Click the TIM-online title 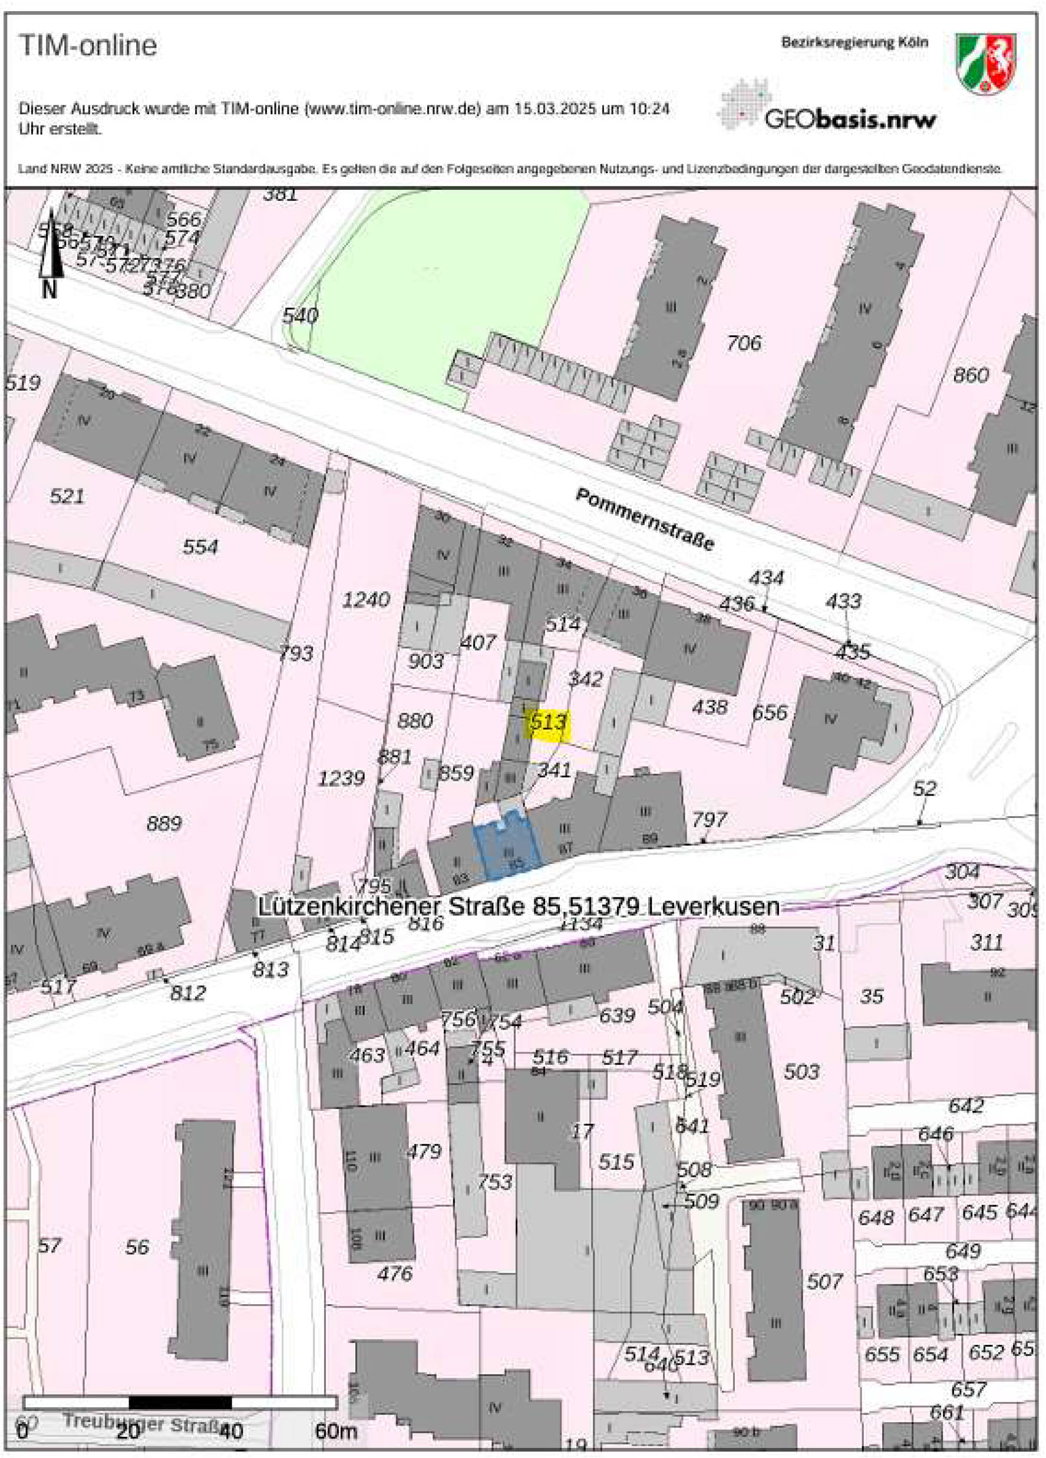point(88,45)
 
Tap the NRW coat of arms point(985,64)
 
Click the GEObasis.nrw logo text point(850,119)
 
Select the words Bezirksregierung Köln point(854,43)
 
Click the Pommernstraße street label point(645,519)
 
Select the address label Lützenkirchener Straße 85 point(518,906)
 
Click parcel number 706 point(744,344)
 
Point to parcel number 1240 point(366,600)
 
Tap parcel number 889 point(164,823)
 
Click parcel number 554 point(200,547)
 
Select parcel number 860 point(970,375)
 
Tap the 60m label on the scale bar point(335,1431)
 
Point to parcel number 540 point(300,316)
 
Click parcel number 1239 point(341,779)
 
